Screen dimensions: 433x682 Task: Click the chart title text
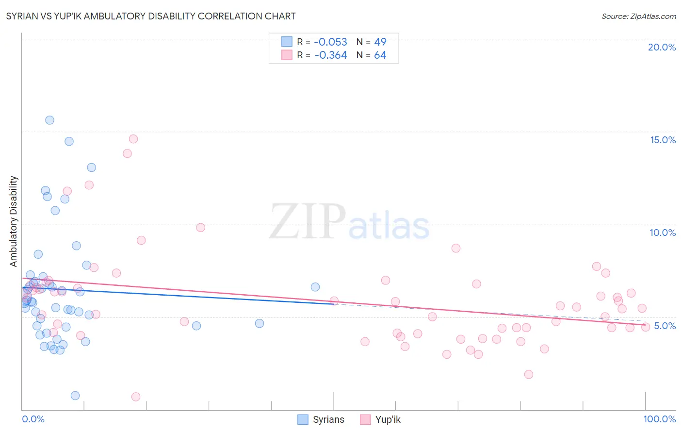click(x=151, y=16)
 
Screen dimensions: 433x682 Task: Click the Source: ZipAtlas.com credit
click(x=638, y=16)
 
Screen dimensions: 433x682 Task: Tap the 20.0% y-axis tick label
click(x=662, y=47)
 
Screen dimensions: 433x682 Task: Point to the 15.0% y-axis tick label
click(x=663, y=140)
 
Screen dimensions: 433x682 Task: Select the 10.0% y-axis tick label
click(x=663, y=233)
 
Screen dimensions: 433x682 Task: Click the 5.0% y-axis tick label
click(x=665, y=326)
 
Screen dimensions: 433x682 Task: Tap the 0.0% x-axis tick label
click(x=33, y=419)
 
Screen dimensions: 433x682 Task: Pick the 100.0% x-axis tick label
click(x=659, y=419)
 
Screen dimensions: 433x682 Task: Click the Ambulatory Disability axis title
click(x=14, y=221)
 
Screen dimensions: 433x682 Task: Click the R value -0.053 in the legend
click(x=330, y=42)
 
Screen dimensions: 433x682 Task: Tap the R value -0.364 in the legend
click(x=330, y=55)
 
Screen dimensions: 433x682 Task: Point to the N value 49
click(x=380, y=42)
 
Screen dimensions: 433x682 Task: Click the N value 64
click(x=380, y=55)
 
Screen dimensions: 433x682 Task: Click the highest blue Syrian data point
click(x=49, y=120)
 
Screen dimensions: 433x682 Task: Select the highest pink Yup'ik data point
click(x=133, y=139)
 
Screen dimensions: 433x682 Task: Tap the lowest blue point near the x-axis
click(x=75, y=396)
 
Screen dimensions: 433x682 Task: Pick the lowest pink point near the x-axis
click(x=136, y=397)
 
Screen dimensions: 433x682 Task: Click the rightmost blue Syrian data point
click(x=315, y=287)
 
